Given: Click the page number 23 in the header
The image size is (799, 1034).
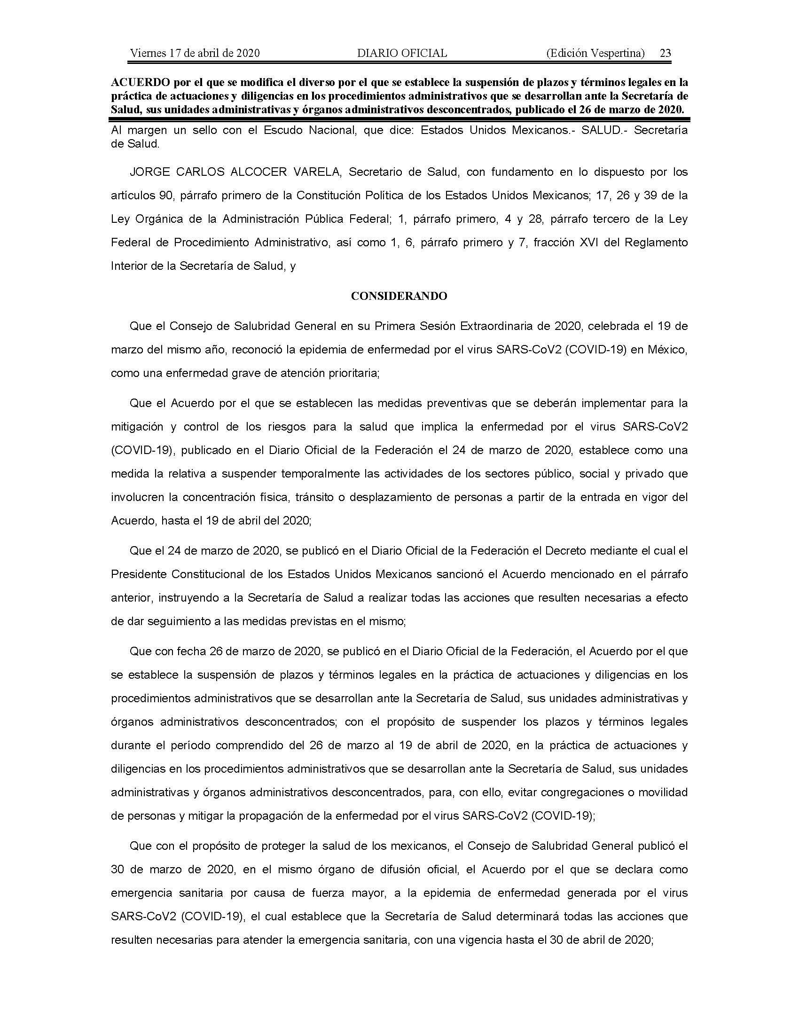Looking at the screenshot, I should pyautogui.click(x=665, y=53).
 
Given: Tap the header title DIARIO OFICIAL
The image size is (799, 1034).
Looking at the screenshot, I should pyautogui.click(x=402, y=53).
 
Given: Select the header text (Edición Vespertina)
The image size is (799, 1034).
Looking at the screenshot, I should pyautogui.click(x=595, y=53).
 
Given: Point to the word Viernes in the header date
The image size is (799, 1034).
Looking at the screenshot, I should pyautogui.click(x=146, y=53).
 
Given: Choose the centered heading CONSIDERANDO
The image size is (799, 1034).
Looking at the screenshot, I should pyautogui.click(x=399, y=297).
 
